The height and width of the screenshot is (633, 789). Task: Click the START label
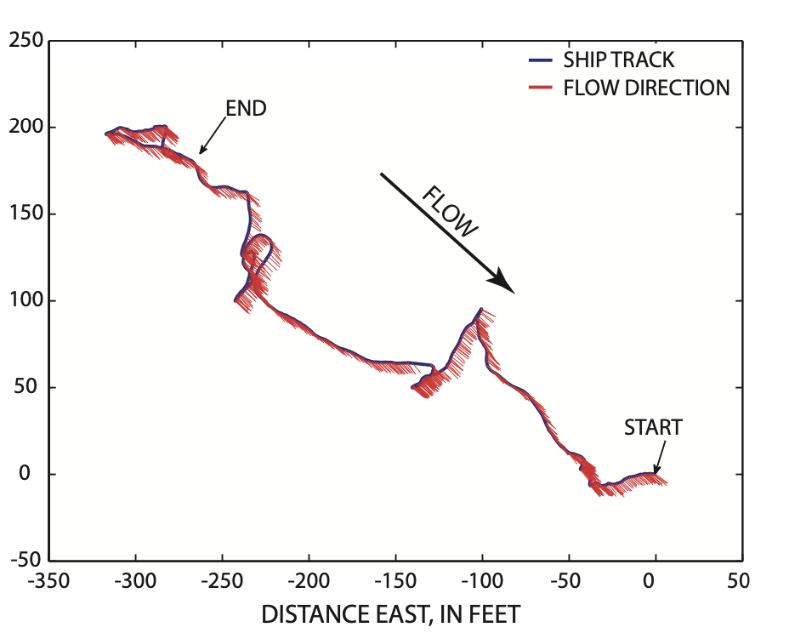tap(653, 427)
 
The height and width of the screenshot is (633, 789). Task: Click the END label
tap(246, 108)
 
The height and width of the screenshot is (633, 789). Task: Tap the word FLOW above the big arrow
tap(451, 211)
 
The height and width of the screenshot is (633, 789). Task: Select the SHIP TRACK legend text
tap(618, 60)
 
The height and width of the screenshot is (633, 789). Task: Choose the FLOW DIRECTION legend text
tap(646, 88)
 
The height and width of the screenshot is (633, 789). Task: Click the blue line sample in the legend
tap(540, 60)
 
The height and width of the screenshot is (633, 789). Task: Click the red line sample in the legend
tap(540, 88)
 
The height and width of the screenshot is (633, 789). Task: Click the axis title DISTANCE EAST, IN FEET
tap(390, 613)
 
